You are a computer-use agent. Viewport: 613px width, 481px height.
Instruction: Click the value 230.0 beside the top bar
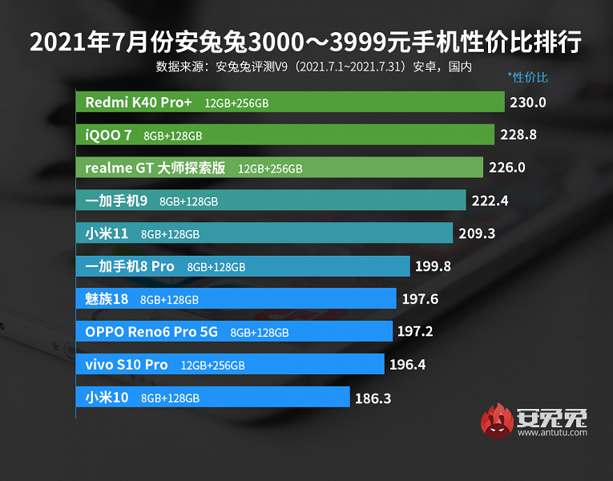(528, 103)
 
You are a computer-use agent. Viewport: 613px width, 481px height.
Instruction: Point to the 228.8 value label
(518, 135)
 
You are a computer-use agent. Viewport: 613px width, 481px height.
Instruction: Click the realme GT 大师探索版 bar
(280, 168)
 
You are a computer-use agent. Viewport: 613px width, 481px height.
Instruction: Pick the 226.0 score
(507, 168)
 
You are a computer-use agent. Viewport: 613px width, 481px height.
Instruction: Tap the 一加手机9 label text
(116, 200)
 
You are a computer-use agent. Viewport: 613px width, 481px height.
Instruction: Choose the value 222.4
(490, 200)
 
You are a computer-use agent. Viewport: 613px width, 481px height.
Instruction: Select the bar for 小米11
(264, 233)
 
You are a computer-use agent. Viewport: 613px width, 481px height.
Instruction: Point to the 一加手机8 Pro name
(130, 266)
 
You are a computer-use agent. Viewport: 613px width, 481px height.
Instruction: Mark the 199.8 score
(434, 266)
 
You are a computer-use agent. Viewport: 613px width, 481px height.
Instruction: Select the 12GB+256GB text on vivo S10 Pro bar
(212, 365)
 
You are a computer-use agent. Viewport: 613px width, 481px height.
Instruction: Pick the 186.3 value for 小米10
(373, 397)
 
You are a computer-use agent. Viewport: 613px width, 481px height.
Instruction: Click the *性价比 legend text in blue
(527, 78)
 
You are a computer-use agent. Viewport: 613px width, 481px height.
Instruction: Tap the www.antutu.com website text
(552, 433)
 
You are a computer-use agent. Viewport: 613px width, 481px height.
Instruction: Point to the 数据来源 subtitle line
(313, 67)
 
